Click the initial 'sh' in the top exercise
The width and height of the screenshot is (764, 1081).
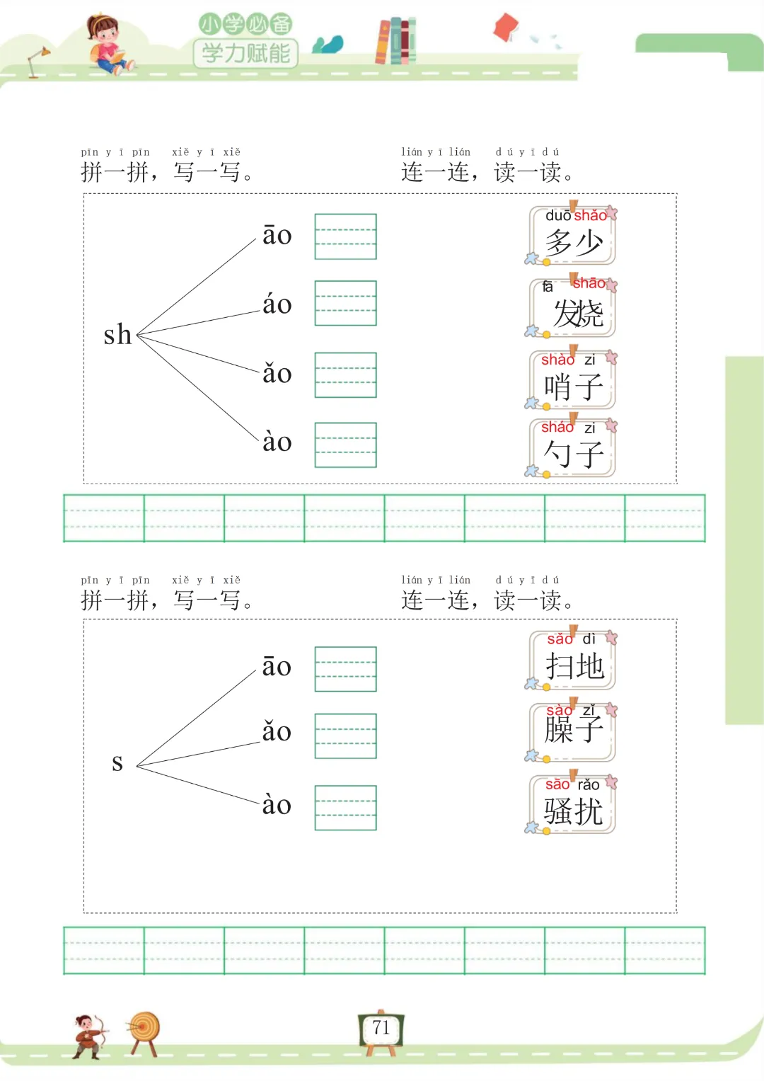117,335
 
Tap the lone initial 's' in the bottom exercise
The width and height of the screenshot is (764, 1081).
117,762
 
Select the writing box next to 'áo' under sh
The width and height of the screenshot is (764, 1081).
345,303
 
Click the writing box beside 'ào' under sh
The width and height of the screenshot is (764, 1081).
345,445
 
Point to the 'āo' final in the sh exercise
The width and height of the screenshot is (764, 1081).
277,235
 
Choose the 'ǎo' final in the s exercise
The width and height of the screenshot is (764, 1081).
277,731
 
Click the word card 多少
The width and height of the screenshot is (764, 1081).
573,236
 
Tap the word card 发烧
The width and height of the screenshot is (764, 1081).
573,308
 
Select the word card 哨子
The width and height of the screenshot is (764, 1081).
573,380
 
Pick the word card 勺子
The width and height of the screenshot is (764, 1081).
573,448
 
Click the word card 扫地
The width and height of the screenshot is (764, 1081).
573,660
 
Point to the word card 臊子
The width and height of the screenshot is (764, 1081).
573,732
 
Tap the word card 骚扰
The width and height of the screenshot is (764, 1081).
573,805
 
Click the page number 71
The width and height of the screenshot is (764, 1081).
381,1028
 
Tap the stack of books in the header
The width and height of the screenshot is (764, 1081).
395,41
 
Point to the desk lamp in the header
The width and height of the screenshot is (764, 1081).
37,61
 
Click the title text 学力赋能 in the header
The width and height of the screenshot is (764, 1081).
245,53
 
